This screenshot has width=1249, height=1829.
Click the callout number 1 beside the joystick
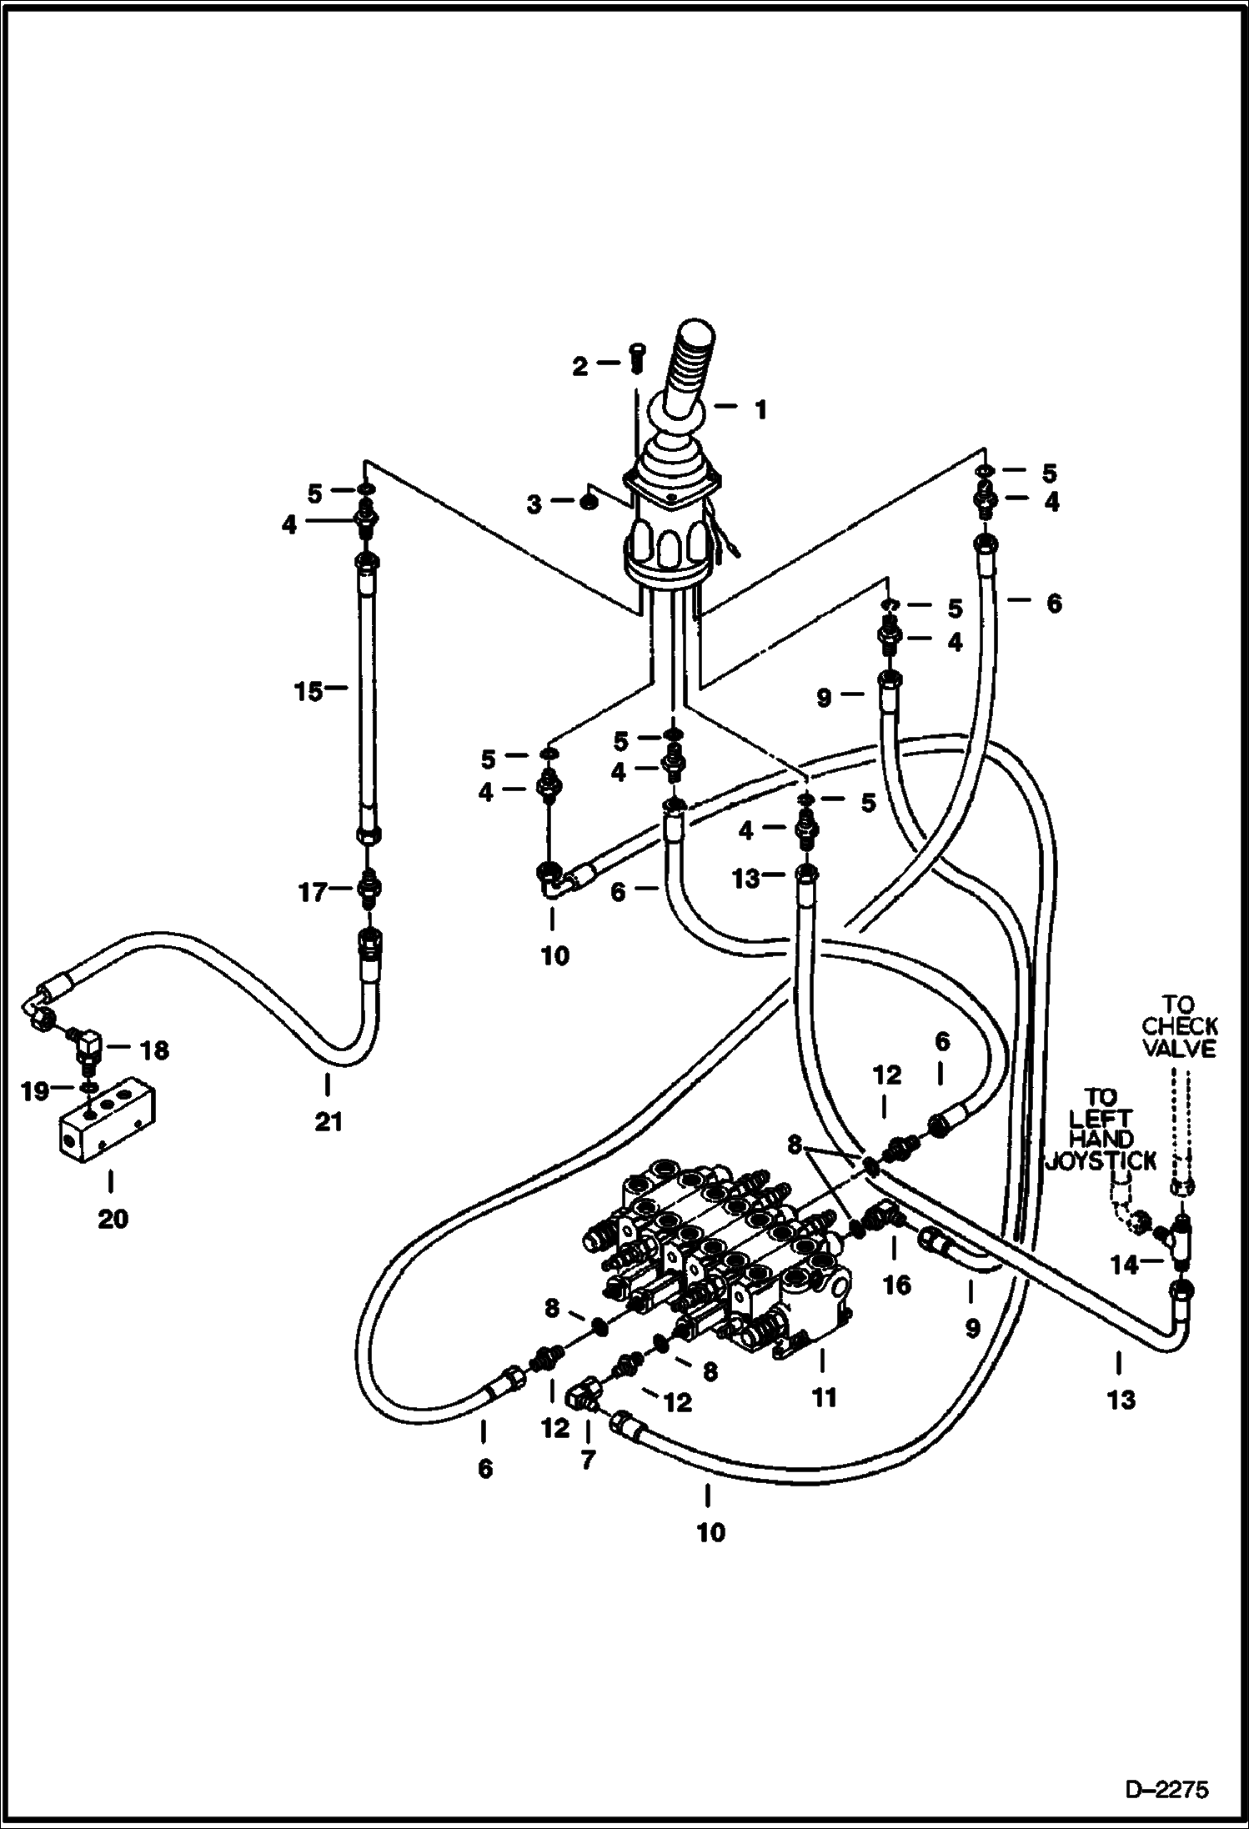tap(760, 409)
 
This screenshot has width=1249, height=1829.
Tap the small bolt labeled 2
tap(638, 359)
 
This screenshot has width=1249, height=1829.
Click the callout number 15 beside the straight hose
tap(308, 691)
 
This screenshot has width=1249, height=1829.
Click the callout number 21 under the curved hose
tap(329, 1123)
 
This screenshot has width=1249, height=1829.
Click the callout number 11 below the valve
tap(824, 1396)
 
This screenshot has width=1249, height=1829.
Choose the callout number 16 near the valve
tap(897, 1285)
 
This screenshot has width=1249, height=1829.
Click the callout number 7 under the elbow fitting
tap(588, 1461)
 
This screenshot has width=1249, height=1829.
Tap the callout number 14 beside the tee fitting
tap(1124, 1265)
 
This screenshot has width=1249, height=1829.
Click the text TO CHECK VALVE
tap(1180, 1026)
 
